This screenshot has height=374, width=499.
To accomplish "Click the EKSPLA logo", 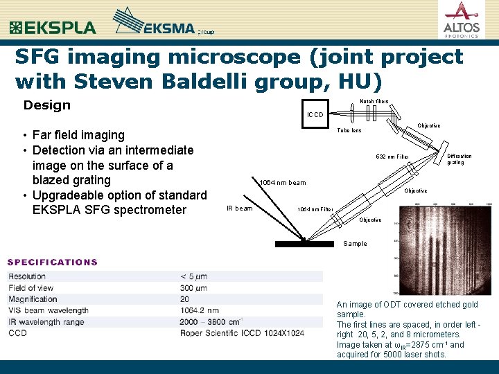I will coord(53,28).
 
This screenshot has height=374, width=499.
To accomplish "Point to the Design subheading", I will coord(47,105).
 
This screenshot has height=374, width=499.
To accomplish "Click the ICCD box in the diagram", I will coord(315,114).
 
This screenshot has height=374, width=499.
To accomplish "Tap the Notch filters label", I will coord(374,102).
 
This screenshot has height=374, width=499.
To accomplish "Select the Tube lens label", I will coord(349,130).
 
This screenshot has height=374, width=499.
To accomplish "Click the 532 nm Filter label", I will coord(392,157).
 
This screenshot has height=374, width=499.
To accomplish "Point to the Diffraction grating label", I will coord(459,159).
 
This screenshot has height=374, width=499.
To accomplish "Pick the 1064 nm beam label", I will coord(282,183).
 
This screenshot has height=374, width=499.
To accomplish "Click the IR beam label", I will coord(240,208).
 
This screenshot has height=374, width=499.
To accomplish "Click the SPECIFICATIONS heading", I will coord(53,262).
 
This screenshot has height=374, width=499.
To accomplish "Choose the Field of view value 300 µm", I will coord(195,288).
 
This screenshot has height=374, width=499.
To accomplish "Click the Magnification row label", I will coord(33,299).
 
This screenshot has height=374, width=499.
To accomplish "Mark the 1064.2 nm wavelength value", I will coord(200,311).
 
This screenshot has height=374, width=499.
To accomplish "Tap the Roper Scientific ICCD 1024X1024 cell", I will coord(243,333).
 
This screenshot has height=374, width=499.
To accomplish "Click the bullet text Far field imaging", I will coord(78,135).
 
